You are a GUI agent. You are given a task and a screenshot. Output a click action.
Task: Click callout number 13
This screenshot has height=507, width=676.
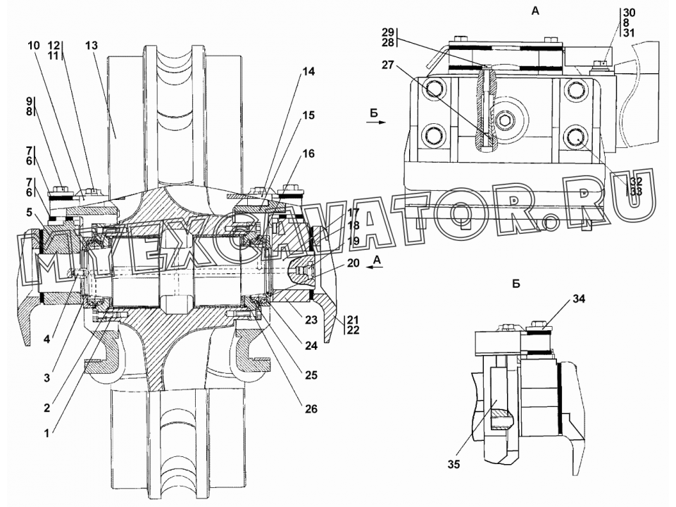point(92,45)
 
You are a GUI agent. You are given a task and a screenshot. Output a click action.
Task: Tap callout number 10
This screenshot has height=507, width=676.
point(33,45)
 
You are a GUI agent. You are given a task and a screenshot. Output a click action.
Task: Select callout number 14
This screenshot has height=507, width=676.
point(308,72)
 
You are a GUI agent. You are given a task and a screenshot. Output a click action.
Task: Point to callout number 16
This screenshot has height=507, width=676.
point(308,154)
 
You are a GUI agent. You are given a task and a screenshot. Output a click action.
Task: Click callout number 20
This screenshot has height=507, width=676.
point(353,263)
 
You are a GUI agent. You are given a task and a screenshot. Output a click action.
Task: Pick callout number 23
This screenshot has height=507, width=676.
point(311,320)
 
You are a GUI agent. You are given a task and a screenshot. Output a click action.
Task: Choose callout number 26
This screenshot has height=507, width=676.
point(311,408)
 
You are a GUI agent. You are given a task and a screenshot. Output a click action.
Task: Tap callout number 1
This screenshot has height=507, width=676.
point(47,434)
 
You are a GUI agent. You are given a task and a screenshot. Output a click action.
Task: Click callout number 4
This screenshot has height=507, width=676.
point(46,339)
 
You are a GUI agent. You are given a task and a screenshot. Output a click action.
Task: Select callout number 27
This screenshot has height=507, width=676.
point(388,65)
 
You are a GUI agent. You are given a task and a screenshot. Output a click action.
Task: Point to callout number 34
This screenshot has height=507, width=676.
point(579,299)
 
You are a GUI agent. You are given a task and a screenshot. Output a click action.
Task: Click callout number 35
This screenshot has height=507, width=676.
point(454,464)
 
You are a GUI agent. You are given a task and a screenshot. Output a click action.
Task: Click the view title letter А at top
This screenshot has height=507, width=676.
point(535,11)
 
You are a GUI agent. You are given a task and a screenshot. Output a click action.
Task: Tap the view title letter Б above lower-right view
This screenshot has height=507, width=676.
point(516,284)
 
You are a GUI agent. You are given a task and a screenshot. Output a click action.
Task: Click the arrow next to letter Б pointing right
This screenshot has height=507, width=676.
point(376,123)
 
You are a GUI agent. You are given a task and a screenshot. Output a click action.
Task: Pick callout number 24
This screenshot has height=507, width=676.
point(311,345)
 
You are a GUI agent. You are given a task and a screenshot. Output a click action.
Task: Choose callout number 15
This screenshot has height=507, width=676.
point(308,115)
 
